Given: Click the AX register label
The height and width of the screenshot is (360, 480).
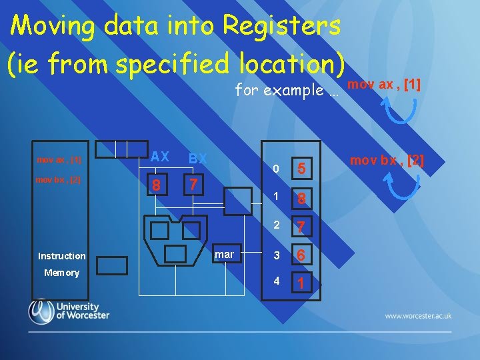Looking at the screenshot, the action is (x=159, y=157).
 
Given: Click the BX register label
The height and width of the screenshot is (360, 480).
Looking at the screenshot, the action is (x=198, y=159).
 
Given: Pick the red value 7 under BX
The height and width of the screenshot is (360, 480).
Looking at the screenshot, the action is (x=192, y=183).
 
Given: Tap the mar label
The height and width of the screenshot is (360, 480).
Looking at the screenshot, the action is (x=224, y=255).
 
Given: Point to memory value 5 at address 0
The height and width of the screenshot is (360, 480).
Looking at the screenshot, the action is (x=301, y=169).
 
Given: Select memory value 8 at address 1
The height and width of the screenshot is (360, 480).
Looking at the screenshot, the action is (x=301, y=198).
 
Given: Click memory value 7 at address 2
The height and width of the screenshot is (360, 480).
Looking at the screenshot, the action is (x=301, y=227).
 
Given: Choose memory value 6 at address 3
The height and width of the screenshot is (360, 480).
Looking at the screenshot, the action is (x=301, y=255).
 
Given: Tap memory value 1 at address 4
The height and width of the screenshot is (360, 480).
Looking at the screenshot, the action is (x=301, y=283).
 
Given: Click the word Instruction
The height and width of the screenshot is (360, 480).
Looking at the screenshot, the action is (x=62, y=256).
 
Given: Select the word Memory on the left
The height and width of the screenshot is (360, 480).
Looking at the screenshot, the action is (x=61, y=273).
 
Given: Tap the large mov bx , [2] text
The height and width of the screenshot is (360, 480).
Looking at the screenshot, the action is (x=387, y=161).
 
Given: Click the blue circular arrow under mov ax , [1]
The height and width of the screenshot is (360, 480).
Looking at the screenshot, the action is (x=402, y=111).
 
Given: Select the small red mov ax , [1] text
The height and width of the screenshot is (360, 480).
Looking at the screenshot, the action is (x=59, y=160).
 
